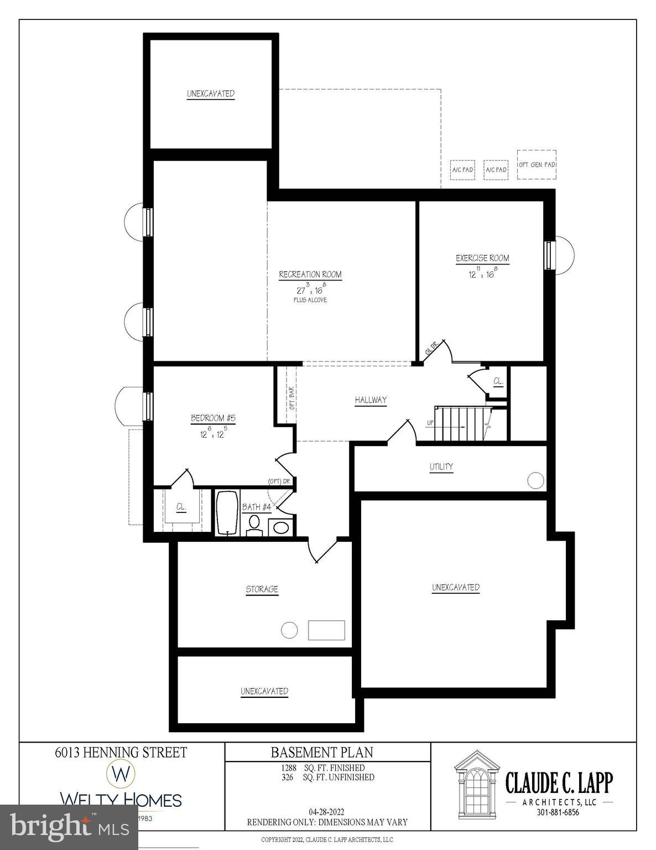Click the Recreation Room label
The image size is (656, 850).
point(310,274)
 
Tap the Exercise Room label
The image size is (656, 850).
point(482,258)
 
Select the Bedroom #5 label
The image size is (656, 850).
point(213,418)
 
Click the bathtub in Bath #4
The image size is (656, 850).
point(227,512)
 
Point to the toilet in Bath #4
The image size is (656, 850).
point(254,524)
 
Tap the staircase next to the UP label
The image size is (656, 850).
point(462,424)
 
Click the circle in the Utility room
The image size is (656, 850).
point(535,480)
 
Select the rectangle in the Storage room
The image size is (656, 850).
point(326,630)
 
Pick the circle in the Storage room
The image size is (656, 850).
point(289,630)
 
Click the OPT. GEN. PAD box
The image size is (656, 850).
point(537,164)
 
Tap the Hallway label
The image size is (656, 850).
point(371,400)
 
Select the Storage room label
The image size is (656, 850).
point(262,589)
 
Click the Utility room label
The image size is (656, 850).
point(441,467)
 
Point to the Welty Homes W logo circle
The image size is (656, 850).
point(121,773)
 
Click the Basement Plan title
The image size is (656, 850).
point(321,752)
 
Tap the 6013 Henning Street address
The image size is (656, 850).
point(121,752)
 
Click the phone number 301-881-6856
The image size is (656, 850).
point(559,812)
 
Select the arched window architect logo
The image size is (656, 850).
point(476,781)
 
